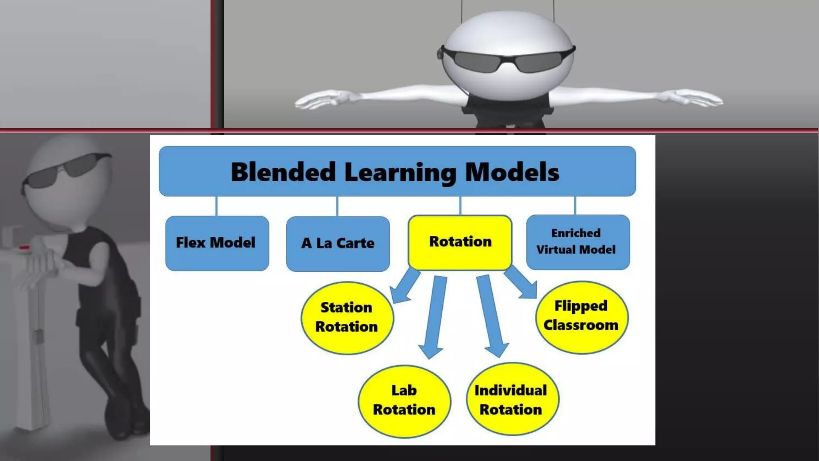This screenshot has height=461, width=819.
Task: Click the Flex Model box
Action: (217, 243)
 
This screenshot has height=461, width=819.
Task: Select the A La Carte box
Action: (338, 243)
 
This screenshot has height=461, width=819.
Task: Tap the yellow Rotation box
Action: (460, 242)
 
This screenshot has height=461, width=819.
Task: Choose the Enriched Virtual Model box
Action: (578, 242)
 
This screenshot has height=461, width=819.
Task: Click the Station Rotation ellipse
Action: (347, 318)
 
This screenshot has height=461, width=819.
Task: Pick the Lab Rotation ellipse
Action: (404, 401)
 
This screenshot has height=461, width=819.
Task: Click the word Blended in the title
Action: (283, 172)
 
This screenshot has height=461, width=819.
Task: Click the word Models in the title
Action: (512, 172)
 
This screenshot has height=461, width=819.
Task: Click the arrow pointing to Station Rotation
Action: (405, 287)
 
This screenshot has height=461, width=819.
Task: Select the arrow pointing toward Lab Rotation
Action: (434, 316)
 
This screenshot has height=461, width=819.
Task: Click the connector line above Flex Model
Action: (216, 206)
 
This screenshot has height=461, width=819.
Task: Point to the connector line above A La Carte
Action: (337, 206)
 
